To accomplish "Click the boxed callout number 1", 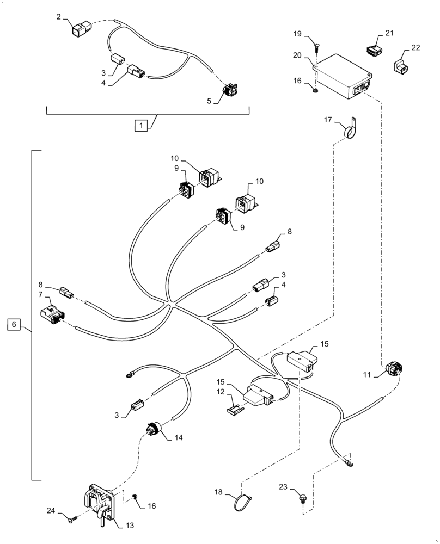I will click(x=140, y=126).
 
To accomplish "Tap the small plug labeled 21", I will click(x=373, y=51).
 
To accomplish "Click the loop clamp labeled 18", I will click(x=241, y=500).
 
